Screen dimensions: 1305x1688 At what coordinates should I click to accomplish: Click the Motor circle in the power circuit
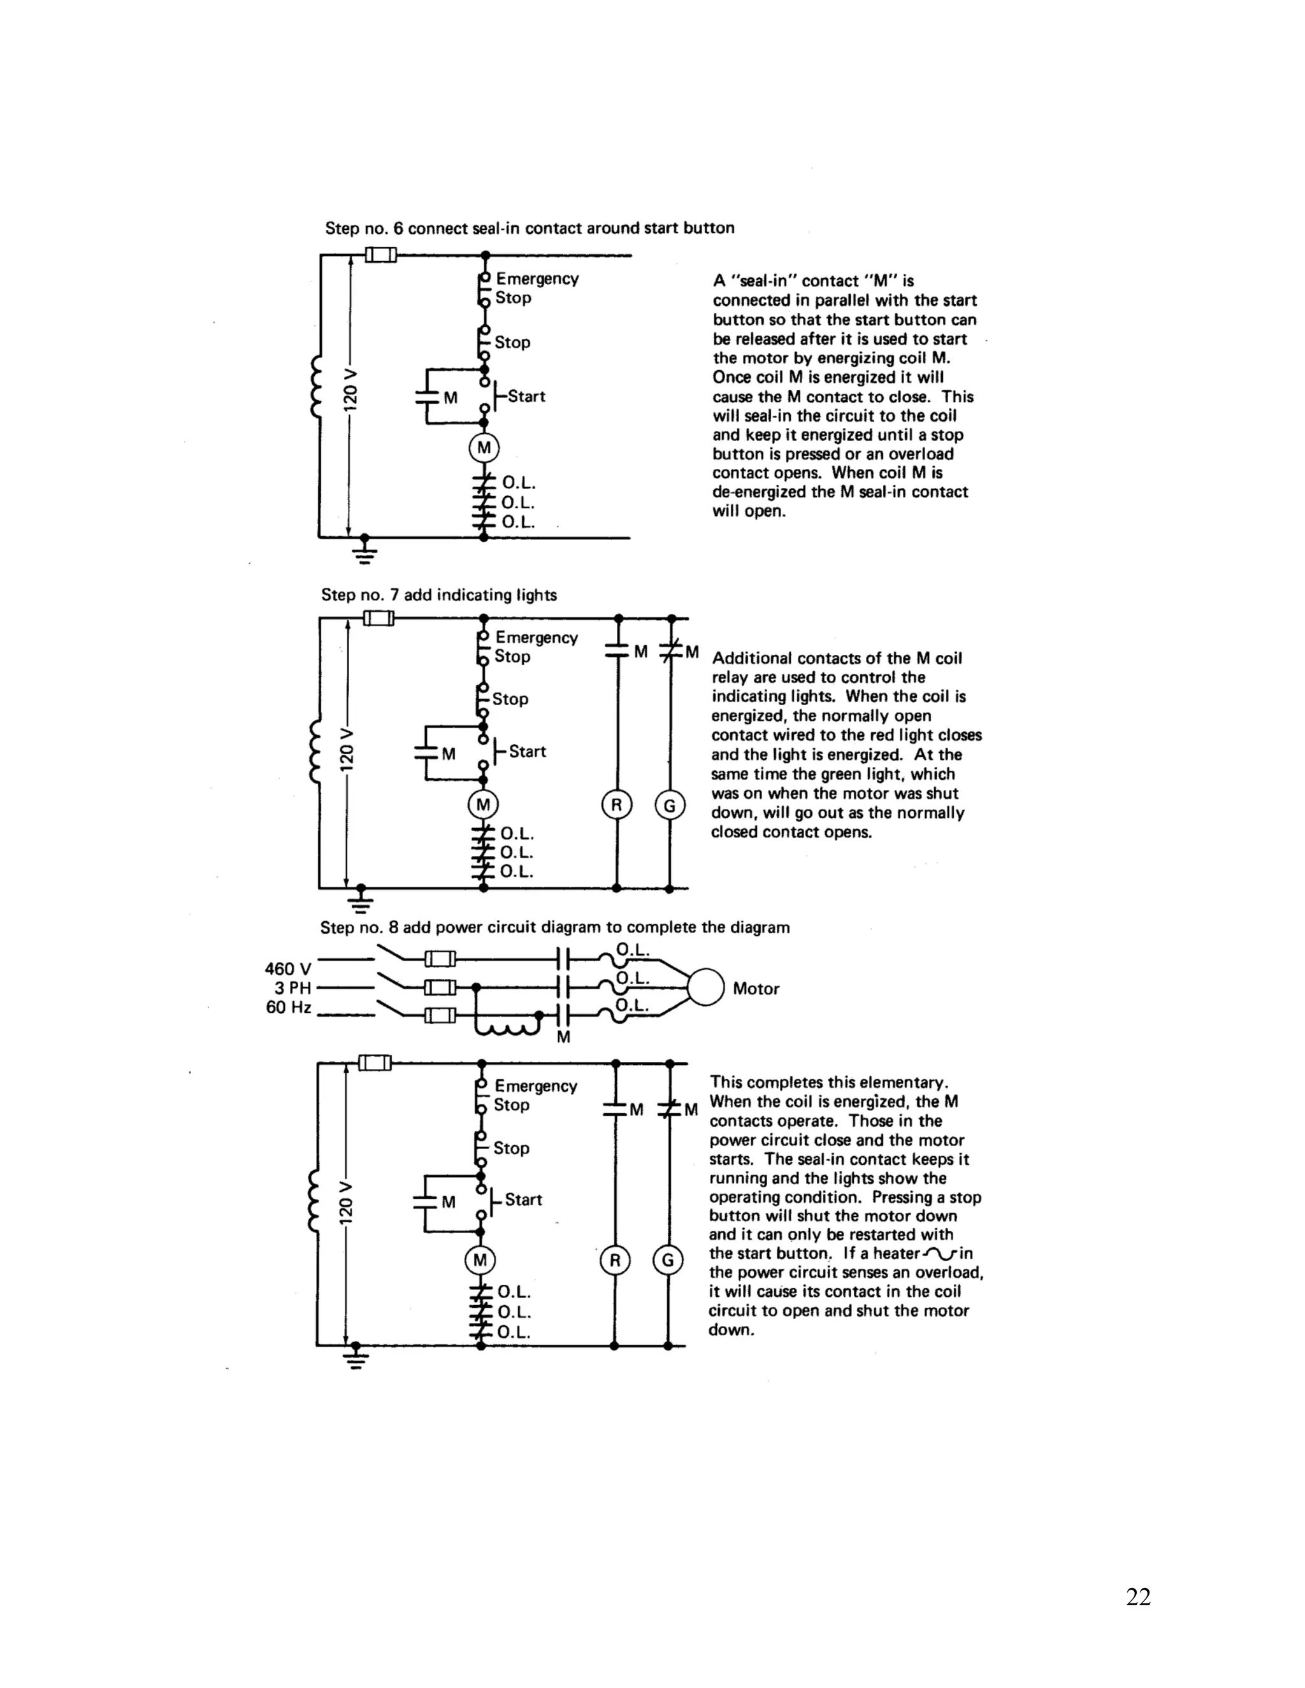[705, 988]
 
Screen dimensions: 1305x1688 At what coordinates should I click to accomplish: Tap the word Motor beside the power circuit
[755, 989]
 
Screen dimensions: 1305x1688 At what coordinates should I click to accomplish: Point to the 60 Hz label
[289, 1007]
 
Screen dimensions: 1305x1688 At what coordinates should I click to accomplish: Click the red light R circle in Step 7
[616, 805]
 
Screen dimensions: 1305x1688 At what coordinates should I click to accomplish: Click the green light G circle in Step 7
[670, 805]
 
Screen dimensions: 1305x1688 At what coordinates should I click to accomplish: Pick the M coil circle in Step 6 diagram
[484, 448]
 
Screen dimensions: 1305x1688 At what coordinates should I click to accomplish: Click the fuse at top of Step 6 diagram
[380, 254]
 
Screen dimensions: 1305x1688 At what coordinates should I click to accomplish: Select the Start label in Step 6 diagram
[526, 396]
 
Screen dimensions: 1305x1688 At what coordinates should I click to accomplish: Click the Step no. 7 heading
[439, 595]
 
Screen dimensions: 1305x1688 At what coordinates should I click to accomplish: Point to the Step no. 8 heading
[555, 927]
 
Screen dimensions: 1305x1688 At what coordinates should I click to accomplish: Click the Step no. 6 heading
[530, 228]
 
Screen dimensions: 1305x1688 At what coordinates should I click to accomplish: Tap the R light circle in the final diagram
[615, 1261]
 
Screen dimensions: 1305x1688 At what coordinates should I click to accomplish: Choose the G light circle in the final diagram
[668, 1261]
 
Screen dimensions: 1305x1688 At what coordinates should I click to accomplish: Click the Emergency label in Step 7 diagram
[537, 638]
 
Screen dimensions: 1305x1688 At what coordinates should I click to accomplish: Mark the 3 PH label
[292, 988]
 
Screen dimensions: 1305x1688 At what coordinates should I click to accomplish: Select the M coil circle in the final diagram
[480, 1261]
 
